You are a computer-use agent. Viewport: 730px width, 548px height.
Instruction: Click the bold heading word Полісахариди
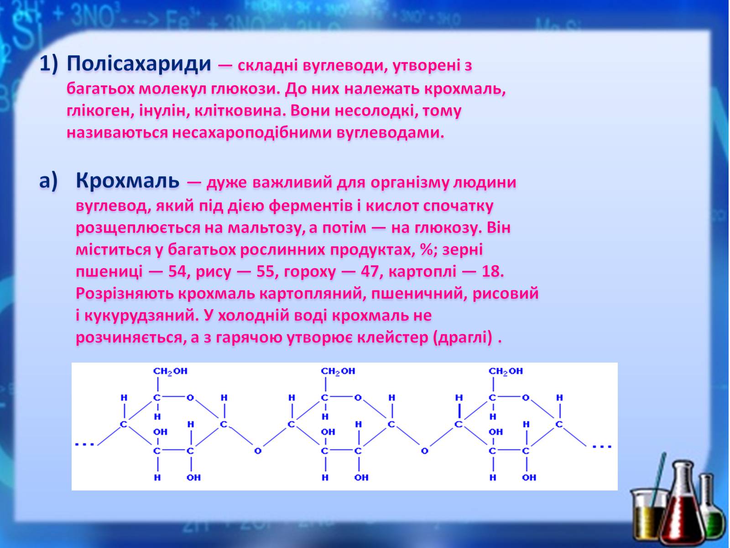pyautogui.click(x=139, y=64)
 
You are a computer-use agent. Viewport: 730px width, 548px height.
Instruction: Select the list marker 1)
pyautogui.click(x=48, y=64)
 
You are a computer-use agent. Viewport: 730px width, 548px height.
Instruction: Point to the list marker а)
pyautogui.click(x=48, y=182)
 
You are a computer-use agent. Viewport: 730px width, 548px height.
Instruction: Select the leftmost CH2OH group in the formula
pyautogui.click(x=170, y=371)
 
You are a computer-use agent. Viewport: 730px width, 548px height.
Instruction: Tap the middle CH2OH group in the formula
pyautogui.click(x=338, y=371)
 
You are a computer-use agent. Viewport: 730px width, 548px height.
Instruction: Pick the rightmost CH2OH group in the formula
pyautogui.click(x=506, y=371)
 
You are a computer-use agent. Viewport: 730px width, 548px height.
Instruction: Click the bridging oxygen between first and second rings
pyautogui.click(x=258, y=451)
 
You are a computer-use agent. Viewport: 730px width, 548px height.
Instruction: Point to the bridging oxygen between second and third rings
pyautogui.click(x=424, y=451)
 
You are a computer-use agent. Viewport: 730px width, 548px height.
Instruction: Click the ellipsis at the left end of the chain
pyautogui.click(x=84, y=444)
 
